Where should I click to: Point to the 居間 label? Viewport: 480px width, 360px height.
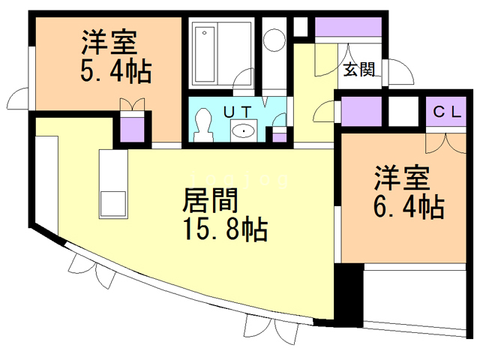tap(212, 200)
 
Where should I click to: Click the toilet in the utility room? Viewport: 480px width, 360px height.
tap(202, 124)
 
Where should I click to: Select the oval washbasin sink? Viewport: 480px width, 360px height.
tap(244, 131)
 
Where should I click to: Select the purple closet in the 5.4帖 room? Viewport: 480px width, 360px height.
tap(132, 127)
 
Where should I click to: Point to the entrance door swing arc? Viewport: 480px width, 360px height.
tap(398, 72)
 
